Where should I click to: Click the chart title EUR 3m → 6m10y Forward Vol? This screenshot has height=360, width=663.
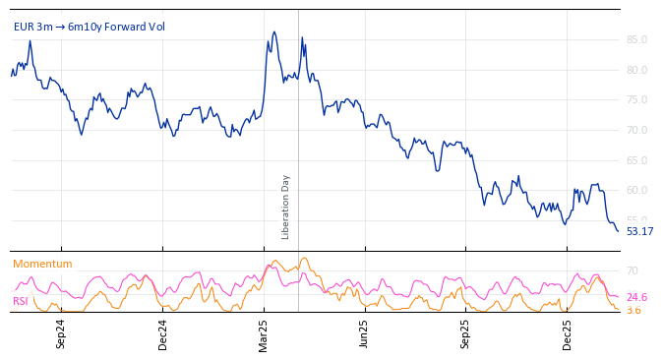click(90, 27)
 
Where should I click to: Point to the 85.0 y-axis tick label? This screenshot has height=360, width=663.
click(636, 40)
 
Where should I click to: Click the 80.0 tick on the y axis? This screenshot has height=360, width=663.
click(636, 70)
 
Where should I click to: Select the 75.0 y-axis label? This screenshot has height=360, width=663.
click(636, 100)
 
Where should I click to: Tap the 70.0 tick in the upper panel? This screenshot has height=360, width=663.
click(636, 130)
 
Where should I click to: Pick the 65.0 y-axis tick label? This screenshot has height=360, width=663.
click(636, 160)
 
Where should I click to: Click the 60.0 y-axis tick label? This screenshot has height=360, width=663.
click(636, 190)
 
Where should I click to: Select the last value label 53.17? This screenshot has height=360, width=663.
click(639, 232)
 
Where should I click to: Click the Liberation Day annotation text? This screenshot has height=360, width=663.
click(286, 207)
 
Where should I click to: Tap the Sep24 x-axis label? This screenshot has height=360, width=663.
click(61, 333)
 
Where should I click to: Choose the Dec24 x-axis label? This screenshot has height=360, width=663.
click(162, 333)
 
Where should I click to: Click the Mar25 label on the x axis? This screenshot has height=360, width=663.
click(264, 333)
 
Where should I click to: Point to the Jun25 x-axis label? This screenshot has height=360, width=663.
click(365, 333)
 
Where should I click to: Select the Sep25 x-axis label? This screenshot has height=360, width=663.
click(466, 333)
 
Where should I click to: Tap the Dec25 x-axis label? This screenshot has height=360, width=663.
click(568, 333)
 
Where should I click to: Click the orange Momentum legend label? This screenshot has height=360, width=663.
click(42, 265)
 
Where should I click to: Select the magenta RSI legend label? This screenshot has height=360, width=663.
click(21, 301)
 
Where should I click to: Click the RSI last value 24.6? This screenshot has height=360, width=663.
click(636, 297)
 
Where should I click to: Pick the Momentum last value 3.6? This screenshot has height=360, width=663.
click(633, 311)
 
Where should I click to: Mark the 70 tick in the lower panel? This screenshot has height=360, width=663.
click(633, 270)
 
